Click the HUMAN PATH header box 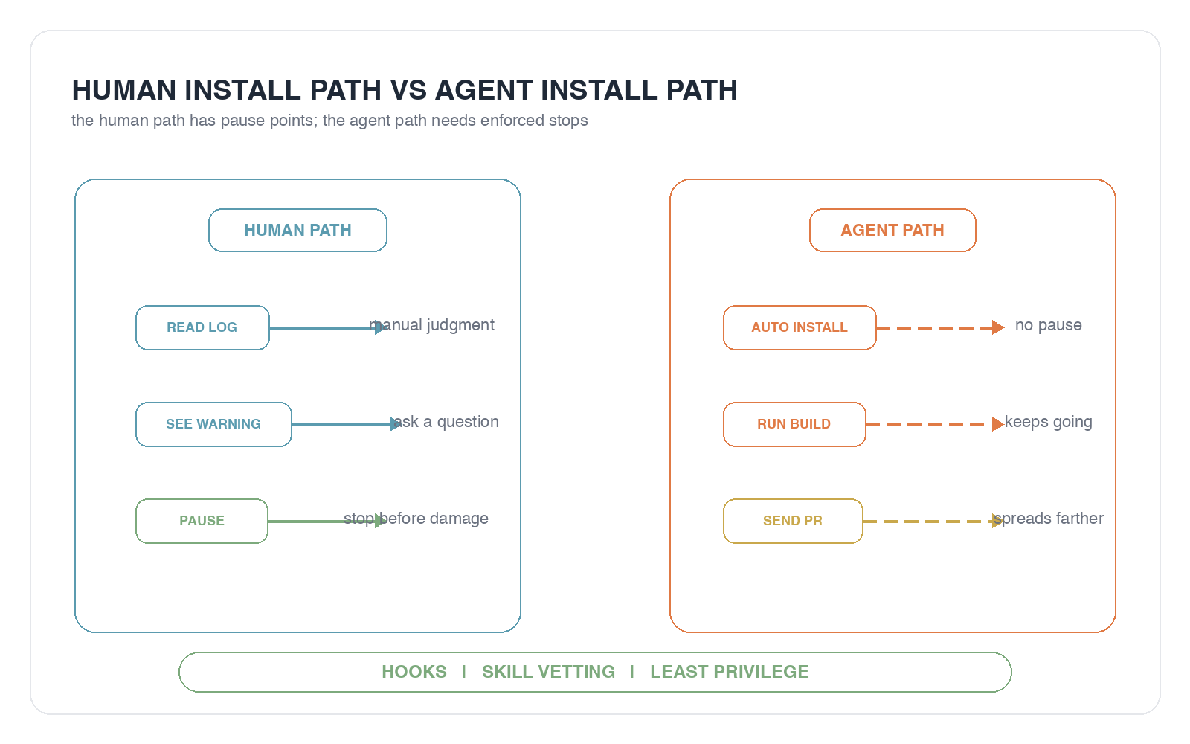297,230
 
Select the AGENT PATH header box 892,230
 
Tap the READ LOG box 202,327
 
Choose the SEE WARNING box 213,424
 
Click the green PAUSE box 202,521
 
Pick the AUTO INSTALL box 800,327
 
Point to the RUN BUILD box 794,424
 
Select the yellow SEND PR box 793,521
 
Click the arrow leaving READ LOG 328,328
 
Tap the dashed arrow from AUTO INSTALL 940,328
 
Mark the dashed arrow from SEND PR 933,522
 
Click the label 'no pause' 1048,324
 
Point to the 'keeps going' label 1048,422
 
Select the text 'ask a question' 446,422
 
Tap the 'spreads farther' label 1048,518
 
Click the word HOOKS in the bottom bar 414,672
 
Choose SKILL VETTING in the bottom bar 548,672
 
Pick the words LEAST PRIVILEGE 730,672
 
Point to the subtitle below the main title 329,121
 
